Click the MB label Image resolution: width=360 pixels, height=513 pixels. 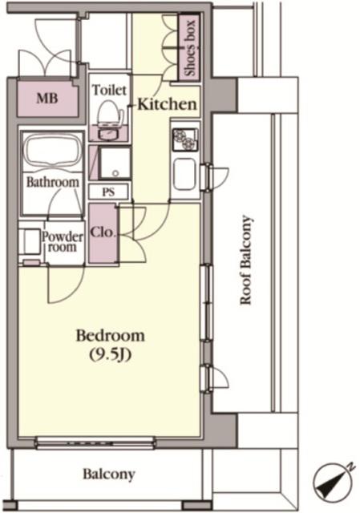47,98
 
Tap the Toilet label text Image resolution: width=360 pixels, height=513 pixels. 109,90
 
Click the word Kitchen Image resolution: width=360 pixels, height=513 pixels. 167,104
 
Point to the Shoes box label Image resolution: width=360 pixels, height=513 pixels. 190,48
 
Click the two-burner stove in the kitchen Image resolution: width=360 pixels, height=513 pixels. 185,139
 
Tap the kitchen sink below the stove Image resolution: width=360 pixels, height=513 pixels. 184,175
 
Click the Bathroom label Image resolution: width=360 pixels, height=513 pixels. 53,182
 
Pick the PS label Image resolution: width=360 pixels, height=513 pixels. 108,192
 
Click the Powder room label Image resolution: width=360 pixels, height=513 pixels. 63,242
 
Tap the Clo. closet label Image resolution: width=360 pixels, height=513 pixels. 103,232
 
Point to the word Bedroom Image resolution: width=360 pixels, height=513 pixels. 111,336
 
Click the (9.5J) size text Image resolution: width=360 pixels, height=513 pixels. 111,354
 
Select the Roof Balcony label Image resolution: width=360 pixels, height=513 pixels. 246,260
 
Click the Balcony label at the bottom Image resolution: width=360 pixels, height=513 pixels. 109,474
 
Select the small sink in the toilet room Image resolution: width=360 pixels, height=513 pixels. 110,135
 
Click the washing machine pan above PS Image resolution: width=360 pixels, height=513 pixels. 114,163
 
